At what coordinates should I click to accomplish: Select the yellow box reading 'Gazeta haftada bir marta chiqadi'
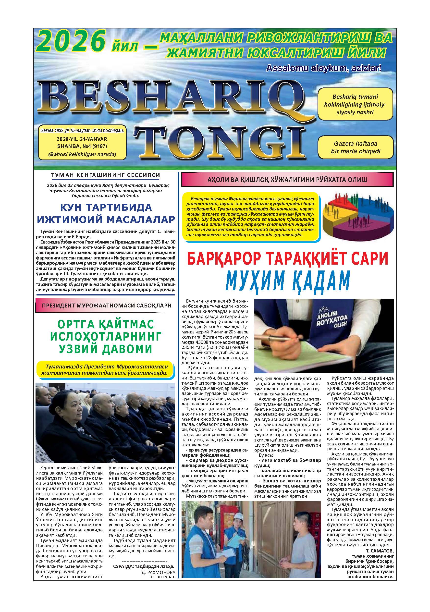(x=356, y=147)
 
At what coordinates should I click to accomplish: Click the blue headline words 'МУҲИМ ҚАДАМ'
(x=287, y=281)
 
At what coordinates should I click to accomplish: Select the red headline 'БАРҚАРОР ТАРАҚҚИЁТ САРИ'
(x=287, y=258)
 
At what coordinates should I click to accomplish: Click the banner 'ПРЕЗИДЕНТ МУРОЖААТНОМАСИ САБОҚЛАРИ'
(x=106, y=306)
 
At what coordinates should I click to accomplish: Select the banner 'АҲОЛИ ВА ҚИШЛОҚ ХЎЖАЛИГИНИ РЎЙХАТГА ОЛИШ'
(x=287, y=180)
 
